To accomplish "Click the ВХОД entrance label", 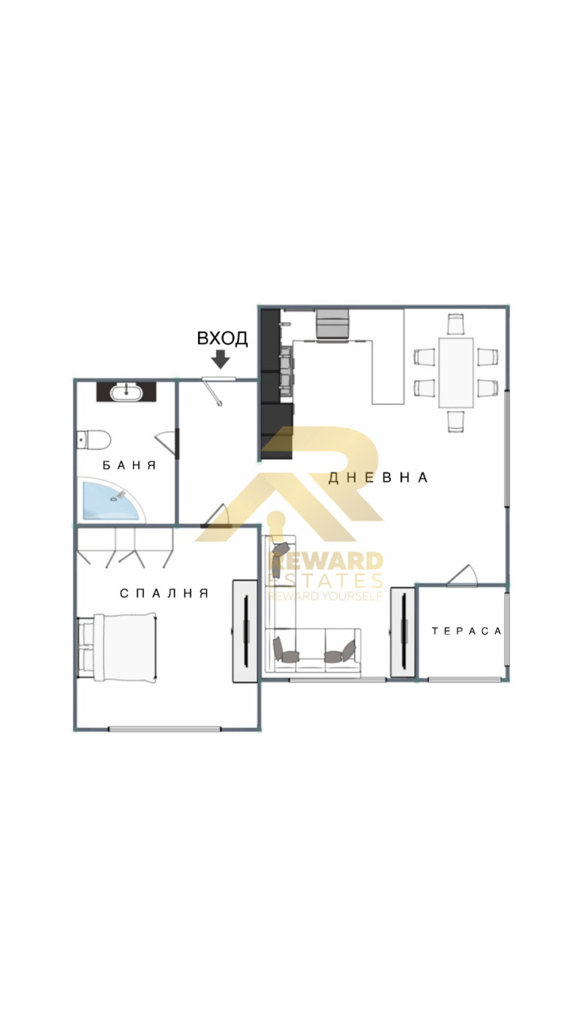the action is click(222, 338).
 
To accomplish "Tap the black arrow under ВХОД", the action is click(221, 360).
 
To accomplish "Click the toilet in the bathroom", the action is click(93, 440).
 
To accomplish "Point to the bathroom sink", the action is click(126, 391).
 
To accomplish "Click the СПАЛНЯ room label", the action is click(164, 594).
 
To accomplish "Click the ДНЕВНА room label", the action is click(378, 478).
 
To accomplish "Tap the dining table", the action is click(456, 373).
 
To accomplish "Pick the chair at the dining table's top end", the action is click(456, 324).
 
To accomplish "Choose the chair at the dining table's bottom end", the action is click(456, 421).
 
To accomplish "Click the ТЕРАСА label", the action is click(467, 631).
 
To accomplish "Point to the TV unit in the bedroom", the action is click(245, 632).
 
